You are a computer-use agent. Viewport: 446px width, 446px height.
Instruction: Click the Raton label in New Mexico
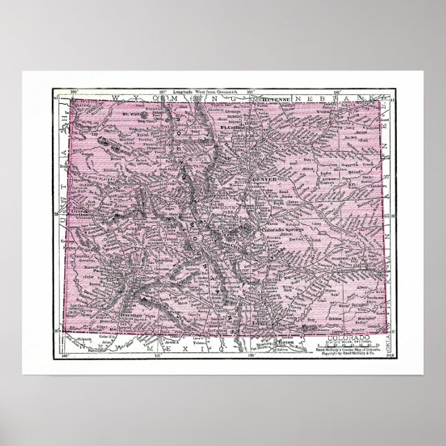(x=285, y=341)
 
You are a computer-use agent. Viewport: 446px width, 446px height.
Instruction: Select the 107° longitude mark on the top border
(x=164, y=91)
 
